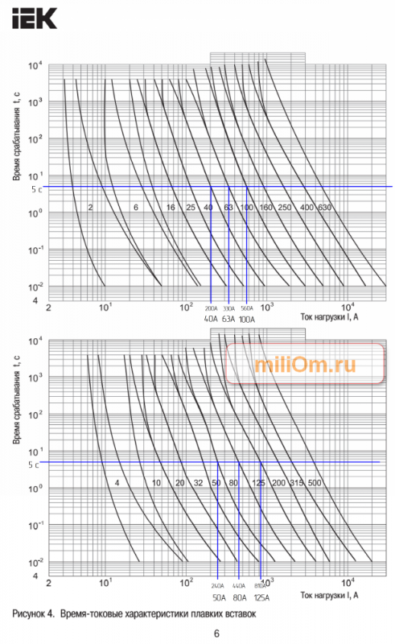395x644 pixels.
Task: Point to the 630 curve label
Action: [x=325, y=208]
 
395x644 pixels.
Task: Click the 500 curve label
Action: [x=315, y=482]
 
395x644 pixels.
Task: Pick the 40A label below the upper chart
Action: [x=212, y=319]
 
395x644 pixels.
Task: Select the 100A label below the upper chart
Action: [x=247, y=319]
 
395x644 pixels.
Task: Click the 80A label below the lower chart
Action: [x=239, y=598]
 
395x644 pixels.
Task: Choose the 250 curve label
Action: [x=285, y=208]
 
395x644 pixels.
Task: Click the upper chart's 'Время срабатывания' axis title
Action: [x=17, y=137]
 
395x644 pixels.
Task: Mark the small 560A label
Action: [x=247, y=308]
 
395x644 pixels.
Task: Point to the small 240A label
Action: [x=218, y=587]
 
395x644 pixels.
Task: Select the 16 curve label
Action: [x=171, y=208]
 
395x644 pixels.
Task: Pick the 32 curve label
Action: [x=198, y=482]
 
